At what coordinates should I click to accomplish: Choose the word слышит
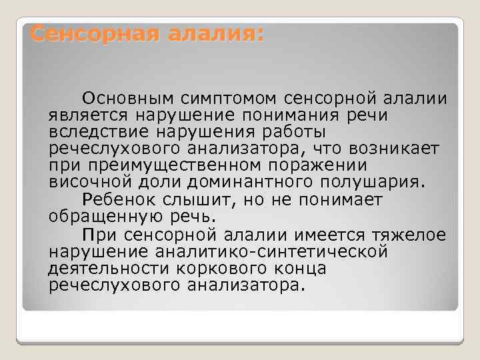[197, 199]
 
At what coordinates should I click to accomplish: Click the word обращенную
[98, 216]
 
